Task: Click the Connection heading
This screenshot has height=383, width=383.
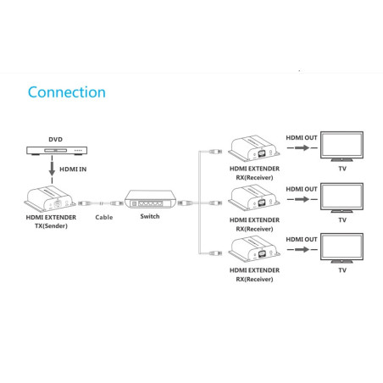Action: [66, 92]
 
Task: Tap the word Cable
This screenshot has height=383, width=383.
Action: [103, 217]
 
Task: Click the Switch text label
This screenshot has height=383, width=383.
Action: [150, 217]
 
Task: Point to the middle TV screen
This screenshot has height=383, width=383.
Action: [341, 197]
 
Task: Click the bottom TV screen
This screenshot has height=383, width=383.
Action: [341, 247]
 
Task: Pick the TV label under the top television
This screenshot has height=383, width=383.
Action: [342, 169]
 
